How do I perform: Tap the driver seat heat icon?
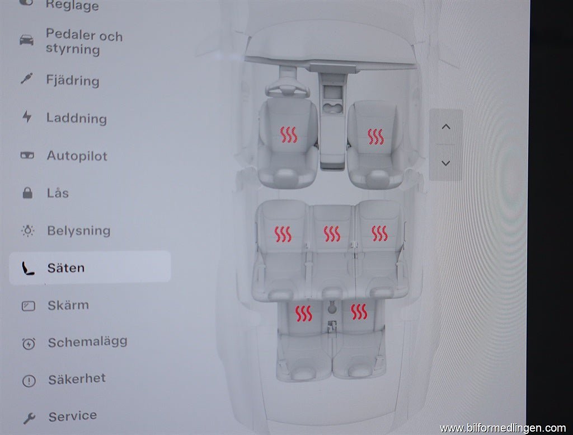click(289, 135)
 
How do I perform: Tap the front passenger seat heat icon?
click(375, 136)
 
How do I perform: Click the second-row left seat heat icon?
click(283, 234)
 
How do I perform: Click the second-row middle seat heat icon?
click(332, 234)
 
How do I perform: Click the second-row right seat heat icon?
click(379, 233)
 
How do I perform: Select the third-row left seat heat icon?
click(304, 313)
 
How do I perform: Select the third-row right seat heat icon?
click(359, 312)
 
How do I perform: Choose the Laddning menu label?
click(77, 118)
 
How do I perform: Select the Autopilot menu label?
click(77, 156)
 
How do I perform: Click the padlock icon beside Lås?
click(27, 194)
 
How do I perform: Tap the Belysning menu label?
click(78, 230)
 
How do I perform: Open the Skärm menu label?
click(68, 305)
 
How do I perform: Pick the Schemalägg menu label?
click(87, 342)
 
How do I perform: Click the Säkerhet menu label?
click(77, 378)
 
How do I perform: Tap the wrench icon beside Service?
click(29, 418)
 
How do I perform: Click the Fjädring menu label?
click(73, 80)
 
